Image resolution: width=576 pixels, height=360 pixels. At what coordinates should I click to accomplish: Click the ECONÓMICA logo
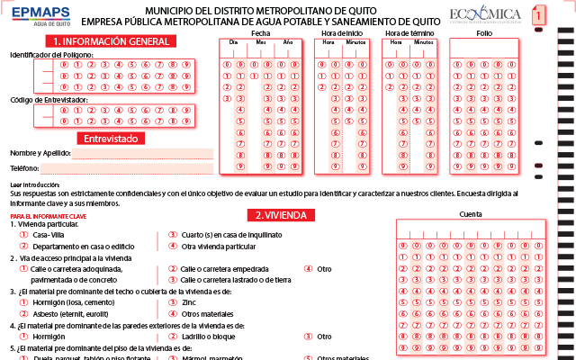tap(486, 14)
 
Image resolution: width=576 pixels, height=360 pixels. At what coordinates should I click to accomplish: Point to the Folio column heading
tap(484, 32)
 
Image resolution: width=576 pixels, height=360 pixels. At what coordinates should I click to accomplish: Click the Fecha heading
tap(261, 32)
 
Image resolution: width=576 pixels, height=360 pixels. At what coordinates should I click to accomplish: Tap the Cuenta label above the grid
tap(470, 214)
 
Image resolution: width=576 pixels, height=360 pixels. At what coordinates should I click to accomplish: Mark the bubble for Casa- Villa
tap(24, 234)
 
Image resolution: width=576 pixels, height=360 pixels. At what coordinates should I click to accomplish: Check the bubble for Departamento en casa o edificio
tap(24, 246)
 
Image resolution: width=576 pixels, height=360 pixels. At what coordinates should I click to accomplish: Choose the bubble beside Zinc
tap(173, 303)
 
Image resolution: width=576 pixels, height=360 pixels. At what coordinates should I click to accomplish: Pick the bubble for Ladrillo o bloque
tap(173, 337)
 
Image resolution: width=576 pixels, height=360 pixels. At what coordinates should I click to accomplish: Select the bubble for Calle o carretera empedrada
tap(173, 268)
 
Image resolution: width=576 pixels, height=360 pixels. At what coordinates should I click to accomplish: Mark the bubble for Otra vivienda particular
tap(173, 246)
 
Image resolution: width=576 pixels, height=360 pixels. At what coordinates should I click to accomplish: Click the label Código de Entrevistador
tap(49, 99)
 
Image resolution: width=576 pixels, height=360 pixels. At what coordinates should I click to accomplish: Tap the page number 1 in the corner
tap(537, 15)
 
